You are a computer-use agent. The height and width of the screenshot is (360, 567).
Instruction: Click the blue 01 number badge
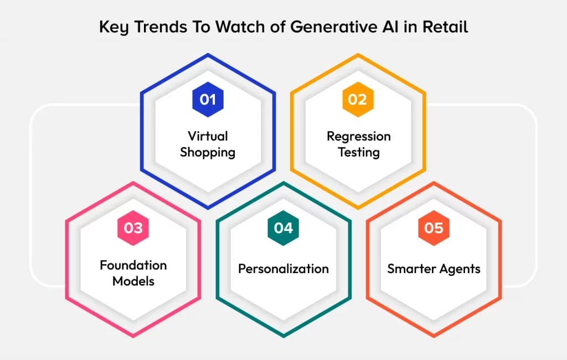pyautogui.click(x=208, y=100)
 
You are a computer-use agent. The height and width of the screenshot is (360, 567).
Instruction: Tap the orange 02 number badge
pyautogui.click(x=358, y=100)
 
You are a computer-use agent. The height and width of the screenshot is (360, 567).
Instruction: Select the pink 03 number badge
pyautogui.click(x=133, y=228)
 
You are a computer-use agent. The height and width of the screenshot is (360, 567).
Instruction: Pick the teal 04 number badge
pyautogui.click(x=283, y=228)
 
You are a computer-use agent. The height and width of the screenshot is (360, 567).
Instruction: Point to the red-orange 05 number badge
pyautogui.click(x=434, y=228)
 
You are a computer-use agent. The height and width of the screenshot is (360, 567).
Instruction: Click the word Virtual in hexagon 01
pyautogui.click(x=208, y=136)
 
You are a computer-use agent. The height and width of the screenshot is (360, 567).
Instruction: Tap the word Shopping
pyautogui.click(x=208, y=152)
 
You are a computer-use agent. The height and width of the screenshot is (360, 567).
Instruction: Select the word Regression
pyautogui.click(x=358, y=136)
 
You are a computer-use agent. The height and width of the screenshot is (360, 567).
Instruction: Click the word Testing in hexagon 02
pyautogui.click(x=358, y=152)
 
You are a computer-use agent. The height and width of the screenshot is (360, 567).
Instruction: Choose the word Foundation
pyautogui.click(x=133, y=265)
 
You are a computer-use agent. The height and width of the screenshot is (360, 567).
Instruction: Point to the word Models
pyautogui.click(x=133, y=281)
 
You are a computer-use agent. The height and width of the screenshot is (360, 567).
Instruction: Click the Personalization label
pyautogui.click(x=283, y=269)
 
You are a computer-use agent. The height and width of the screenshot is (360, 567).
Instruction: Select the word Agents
pyautogui.click(x=461, y=269)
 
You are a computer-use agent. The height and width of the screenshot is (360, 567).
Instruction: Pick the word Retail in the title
pyautogui.click(x=445, y=26)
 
